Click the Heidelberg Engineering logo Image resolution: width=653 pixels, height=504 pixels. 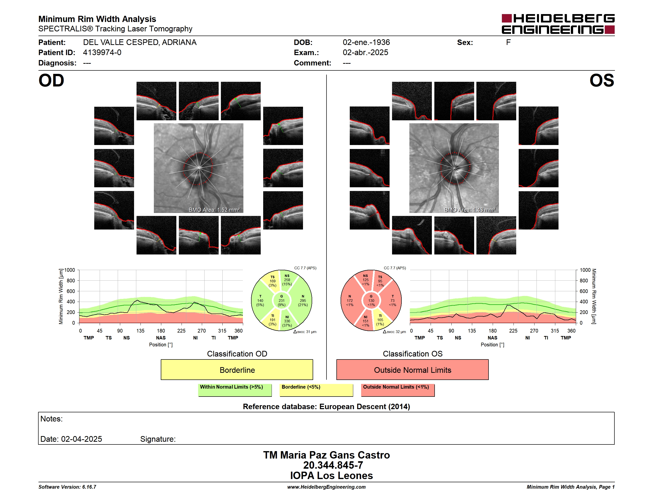558,24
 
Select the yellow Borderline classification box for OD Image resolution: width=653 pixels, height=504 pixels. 237,370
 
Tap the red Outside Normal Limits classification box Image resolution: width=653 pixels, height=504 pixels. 412,370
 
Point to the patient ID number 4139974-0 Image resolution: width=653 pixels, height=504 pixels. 102,53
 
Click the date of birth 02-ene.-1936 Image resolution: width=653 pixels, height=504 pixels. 366,42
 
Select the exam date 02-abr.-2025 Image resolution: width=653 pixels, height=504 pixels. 365,53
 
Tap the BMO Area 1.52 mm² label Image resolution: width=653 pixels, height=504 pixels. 214,210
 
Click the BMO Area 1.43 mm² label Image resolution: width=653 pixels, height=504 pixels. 470,210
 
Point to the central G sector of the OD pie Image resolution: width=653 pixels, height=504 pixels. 281,301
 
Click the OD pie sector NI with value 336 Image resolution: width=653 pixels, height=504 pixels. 287,321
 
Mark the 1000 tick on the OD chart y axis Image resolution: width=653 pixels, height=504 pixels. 70,270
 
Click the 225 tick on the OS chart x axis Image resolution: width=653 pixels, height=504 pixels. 513,331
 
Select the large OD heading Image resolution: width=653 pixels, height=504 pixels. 51,81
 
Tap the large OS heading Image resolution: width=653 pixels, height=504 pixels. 602,81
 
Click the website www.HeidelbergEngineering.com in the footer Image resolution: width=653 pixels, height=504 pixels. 326,487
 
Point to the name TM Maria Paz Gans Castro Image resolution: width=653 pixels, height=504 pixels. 326,455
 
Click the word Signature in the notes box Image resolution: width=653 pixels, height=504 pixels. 158,439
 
